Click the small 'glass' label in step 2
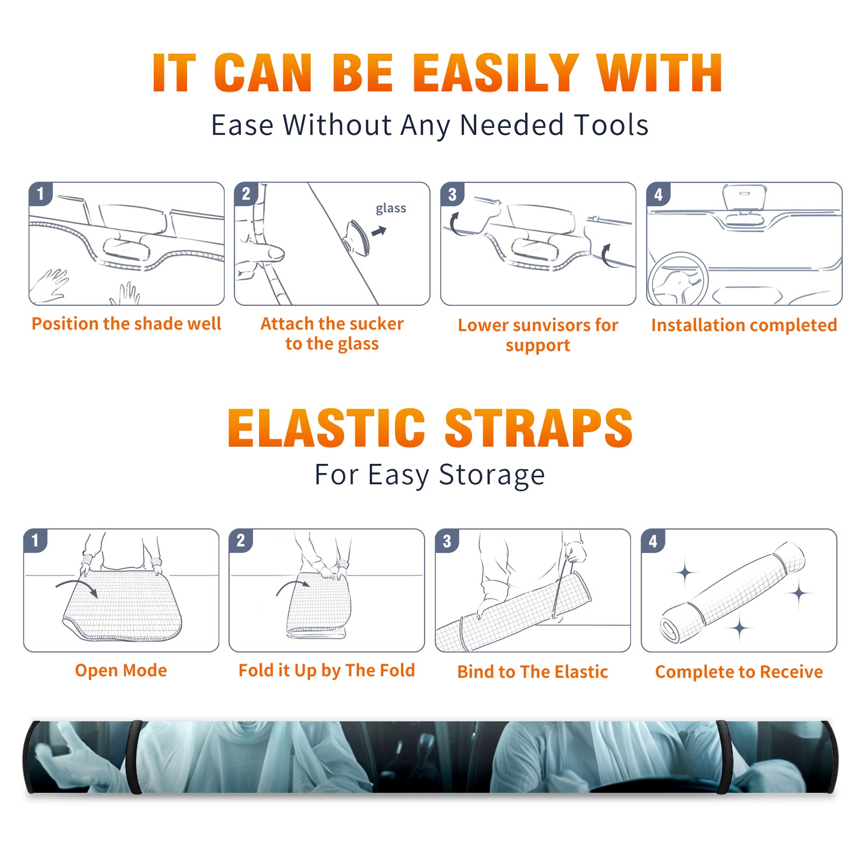tap(391, 209)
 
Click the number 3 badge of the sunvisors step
tap(453, 194)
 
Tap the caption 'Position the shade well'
tap(126, 324)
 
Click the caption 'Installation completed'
tap(744, 325)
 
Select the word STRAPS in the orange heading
tap(539, 428)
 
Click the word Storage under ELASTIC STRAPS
tap(492, 475)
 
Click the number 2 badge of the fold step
tap(241, 540)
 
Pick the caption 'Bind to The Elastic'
tap(532, 671)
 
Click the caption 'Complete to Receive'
tap(739, 672)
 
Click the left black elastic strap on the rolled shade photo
tap(134, 757)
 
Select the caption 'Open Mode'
tap(121, 670)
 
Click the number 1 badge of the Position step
tap(41, 193)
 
